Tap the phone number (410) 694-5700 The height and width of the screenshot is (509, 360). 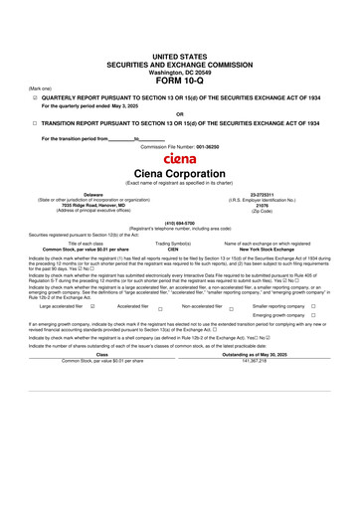(179, 223)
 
